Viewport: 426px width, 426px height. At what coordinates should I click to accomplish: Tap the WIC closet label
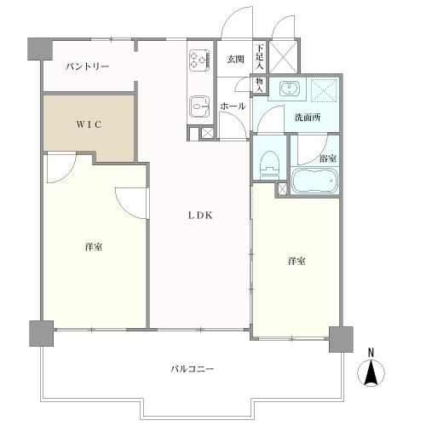(89, 124)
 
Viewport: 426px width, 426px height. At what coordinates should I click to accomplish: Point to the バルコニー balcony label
(192, 369)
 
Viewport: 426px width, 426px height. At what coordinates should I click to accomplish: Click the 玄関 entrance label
(235, 59)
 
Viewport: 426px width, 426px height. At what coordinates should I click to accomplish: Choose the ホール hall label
(233, 106)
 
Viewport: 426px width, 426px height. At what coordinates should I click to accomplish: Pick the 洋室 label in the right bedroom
(296, 261)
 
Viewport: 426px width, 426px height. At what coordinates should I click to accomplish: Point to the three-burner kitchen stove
(199, 60)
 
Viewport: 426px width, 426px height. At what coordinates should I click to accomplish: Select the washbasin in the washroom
(290, 89)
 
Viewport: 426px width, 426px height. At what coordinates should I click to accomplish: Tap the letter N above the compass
(371, 351)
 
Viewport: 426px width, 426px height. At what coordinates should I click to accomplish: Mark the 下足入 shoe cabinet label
(260, 55)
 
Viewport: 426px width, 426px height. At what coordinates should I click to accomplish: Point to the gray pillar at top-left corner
(35, 49)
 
